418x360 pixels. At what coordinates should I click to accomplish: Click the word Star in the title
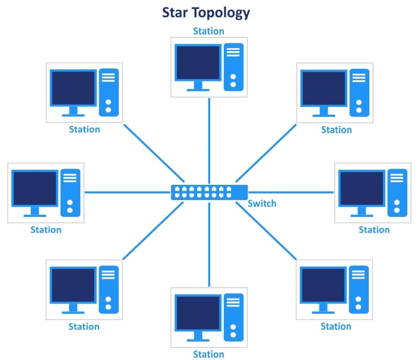coord(178,12)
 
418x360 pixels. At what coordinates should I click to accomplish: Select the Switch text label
coord(262,204)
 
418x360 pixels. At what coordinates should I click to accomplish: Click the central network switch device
coord(209,192)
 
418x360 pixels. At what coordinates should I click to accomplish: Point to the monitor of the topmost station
coord(198,63)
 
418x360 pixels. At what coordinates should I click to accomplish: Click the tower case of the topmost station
coord(233,66)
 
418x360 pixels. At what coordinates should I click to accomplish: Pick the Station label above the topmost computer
coord(208,31)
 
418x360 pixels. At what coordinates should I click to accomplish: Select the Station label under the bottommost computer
coord(208,354)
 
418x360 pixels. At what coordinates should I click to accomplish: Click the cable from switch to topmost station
coord(209,140)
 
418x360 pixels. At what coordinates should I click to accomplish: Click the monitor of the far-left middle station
coord(34,188)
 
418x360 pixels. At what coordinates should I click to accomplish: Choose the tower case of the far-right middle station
coord(397,191)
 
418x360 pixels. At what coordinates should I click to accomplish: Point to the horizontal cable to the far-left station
coord(128,192)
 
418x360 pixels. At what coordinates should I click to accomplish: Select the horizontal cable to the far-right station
coord(291,192)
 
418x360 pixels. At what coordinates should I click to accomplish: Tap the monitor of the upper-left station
coord(74,88)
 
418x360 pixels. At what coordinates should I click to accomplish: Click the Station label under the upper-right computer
coord(337,130)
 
